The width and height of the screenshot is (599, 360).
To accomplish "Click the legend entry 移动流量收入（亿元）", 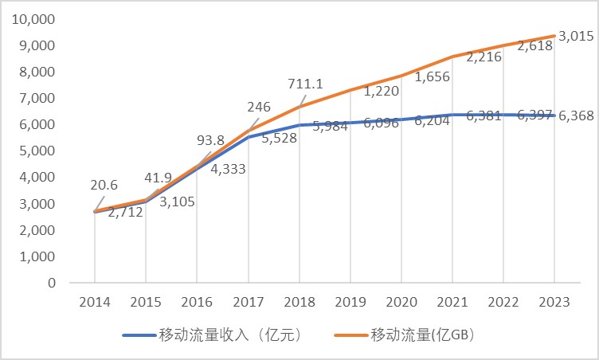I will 212,335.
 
